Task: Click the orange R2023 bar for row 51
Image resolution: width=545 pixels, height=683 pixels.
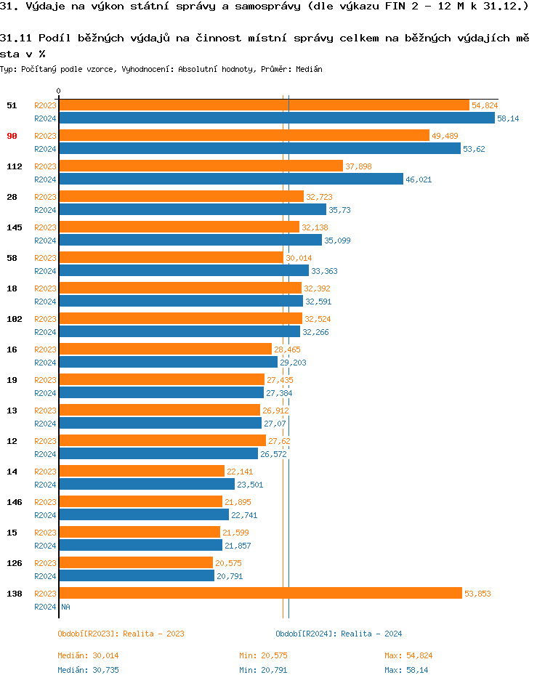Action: click(x=264, y=105)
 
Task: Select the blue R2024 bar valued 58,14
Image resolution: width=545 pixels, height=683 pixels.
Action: click(x=276, y=118)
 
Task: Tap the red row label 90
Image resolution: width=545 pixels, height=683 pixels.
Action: click(x=12, y=136)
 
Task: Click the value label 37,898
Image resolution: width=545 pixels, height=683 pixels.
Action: click(x=358, y=166)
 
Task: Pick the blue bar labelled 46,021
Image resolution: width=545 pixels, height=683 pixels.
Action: click(x=230, y=179)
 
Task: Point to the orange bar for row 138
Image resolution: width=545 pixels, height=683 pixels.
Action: click(x=260, y=594)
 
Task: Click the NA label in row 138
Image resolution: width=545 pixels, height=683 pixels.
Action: click(x=65, y=607)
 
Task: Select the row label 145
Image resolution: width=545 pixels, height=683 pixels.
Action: click(x=15, y=227)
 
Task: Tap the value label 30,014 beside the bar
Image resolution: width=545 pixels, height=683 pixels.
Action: click(x=298, y=258)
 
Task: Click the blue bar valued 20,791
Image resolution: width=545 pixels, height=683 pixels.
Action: click(x=137, y=576)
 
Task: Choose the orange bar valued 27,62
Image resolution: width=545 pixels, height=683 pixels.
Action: click(x=162, y=441)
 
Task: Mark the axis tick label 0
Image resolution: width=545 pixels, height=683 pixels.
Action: click(x=58, y=91)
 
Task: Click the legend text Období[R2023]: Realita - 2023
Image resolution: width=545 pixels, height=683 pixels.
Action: click(x=121, y=634)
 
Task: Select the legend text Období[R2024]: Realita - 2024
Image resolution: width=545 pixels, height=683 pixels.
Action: click(x=339, y=634)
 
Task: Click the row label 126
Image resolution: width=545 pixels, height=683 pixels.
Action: click(x=15, y=563)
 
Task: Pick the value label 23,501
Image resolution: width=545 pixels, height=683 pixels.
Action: click(x=250, y=485)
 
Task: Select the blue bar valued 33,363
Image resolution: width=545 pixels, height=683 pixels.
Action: click(x=184, y=271)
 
